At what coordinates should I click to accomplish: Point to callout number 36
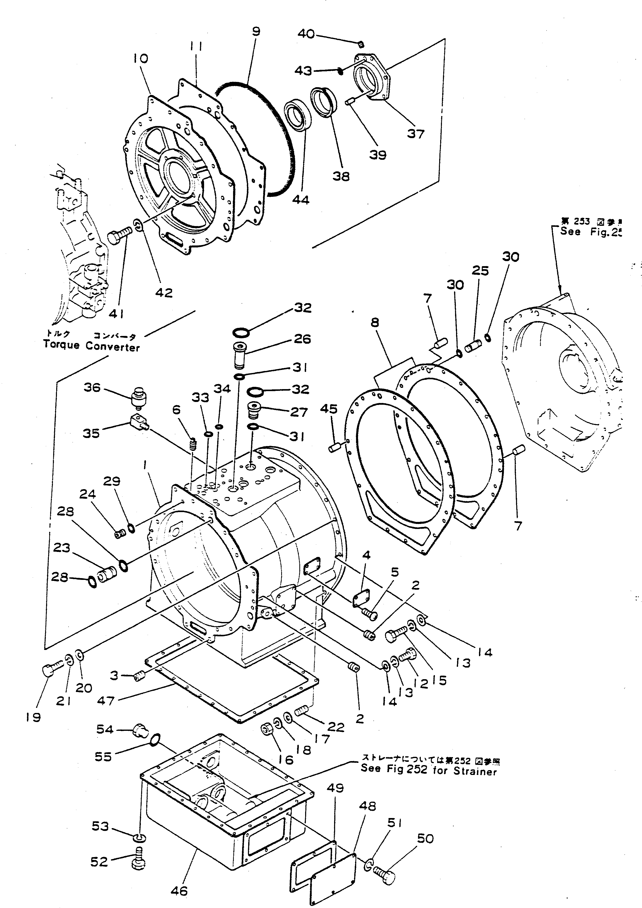92,387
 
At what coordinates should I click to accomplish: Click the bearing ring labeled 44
297,114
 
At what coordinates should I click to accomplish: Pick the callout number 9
256,31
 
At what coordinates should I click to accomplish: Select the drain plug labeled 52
137,859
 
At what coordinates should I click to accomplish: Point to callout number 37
415,134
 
